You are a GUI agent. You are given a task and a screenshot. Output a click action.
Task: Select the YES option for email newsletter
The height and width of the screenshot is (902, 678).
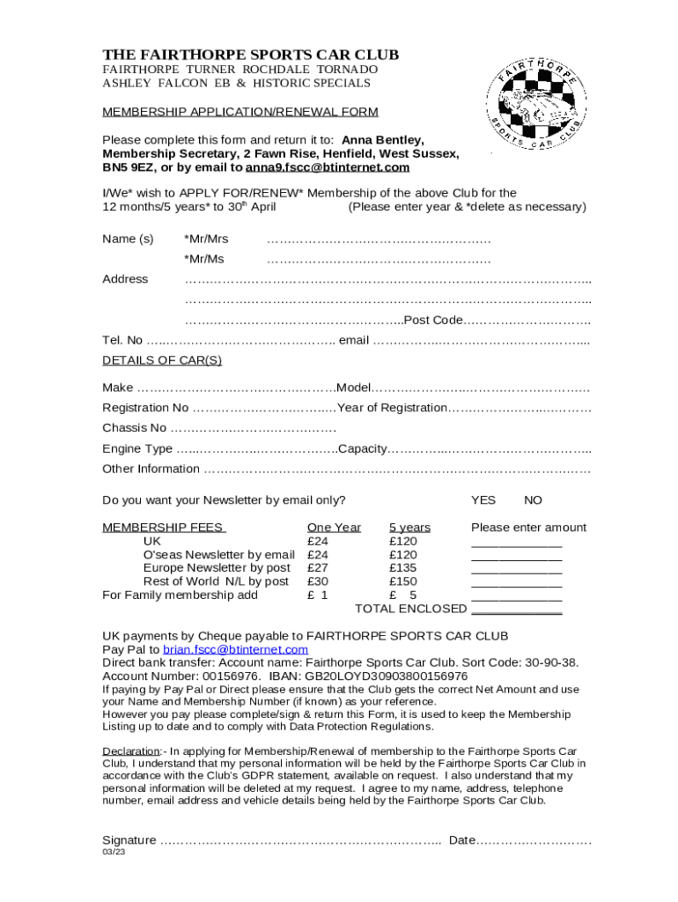tap(483, 500)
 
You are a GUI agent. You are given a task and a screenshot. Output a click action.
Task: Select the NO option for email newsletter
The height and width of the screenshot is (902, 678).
tap(533, 500)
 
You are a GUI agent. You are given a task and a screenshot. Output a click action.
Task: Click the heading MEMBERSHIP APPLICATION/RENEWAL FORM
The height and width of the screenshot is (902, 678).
tap(240, 112)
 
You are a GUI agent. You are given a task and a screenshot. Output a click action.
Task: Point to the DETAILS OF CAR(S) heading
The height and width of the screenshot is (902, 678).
tap(162, 360)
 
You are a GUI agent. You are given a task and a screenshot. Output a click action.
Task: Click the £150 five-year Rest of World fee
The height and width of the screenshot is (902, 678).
tap(403, 581)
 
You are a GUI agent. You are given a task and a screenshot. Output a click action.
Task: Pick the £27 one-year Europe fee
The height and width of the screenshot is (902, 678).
tap(318, 568)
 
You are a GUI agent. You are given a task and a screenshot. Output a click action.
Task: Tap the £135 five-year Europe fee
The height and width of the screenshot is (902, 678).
tap(403, 568)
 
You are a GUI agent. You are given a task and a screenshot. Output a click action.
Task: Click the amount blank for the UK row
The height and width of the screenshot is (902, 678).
tap(517, 543)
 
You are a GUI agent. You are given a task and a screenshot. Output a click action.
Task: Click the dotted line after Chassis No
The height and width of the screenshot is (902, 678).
tap(253, 429)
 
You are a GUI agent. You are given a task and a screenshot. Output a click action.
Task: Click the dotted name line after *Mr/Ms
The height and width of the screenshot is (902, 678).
tap(379, 260)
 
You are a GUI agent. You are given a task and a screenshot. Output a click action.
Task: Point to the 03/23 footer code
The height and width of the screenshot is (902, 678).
tap(114, 854)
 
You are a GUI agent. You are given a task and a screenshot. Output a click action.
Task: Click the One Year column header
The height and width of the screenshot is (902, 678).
tap(334, 528)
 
